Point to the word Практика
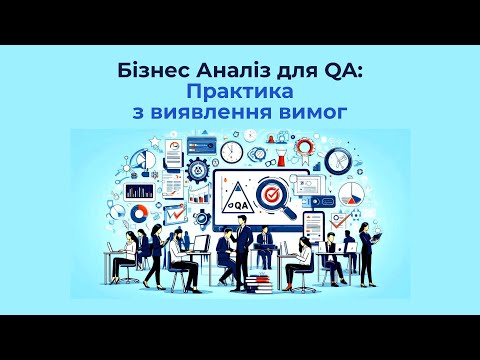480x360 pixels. [x=240, y=92]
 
